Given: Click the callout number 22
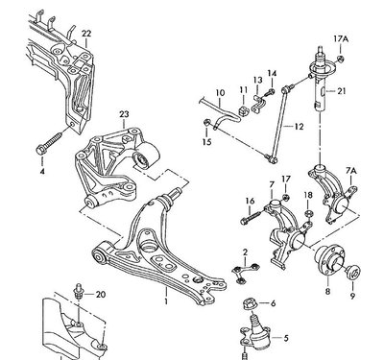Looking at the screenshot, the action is tap(86, 34).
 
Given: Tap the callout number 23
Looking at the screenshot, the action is tap(124, 114).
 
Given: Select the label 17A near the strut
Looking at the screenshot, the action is tap(341, 39).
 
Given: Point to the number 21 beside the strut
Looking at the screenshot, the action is tap(342, 91).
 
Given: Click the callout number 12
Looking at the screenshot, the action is tap(299, 127).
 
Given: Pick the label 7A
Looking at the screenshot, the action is tap(351, 172).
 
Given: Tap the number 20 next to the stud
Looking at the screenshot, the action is tap(101, 294).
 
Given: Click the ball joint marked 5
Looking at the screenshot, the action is tap(255, 336).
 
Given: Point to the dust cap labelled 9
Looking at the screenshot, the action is tap(353, 273).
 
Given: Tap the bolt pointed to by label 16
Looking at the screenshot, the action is tap(252, 216).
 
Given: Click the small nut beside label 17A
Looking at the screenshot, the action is tap(341, 59).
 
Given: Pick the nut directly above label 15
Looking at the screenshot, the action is tap(207, 122).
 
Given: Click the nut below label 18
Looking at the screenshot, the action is tap(309, 213).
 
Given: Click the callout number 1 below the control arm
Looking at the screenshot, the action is tap(166, 301).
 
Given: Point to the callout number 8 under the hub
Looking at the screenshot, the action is tap(327, 292).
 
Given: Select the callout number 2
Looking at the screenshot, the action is tap(245, 252).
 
